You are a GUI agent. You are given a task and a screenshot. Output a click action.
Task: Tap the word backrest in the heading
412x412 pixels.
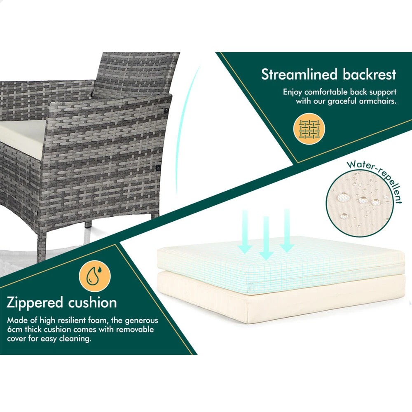coord(369,75)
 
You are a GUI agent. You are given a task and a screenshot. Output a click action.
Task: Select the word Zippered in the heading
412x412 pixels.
coord(34,303)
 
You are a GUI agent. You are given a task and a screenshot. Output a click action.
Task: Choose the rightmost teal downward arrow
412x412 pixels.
coord(287,231)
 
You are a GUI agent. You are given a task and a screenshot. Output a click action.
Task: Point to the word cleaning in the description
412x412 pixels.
coord(74,339)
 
